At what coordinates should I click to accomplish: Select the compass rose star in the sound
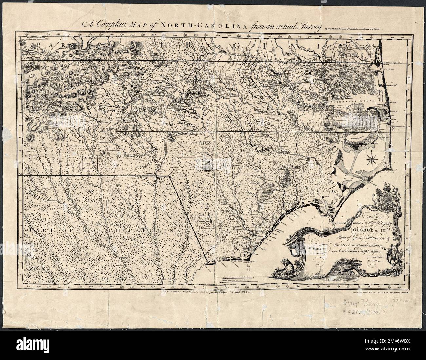pos(372,160)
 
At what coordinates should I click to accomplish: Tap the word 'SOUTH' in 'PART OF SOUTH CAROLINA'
pos(100,231)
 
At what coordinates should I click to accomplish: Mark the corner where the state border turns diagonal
pos(169,175)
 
